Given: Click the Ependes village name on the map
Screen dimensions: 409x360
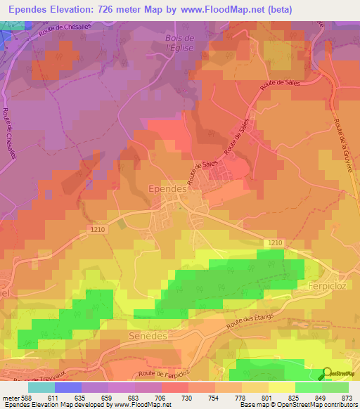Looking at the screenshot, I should click(167, 189).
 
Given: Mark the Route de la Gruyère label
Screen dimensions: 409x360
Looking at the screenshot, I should click(344, 141).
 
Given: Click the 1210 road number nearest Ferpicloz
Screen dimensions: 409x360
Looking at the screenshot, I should click(274, 242).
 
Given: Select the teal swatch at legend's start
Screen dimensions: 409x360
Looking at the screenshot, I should click(41, 387).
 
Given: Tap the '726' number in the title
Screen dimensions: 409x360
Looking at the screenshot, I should click(111, 10).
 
